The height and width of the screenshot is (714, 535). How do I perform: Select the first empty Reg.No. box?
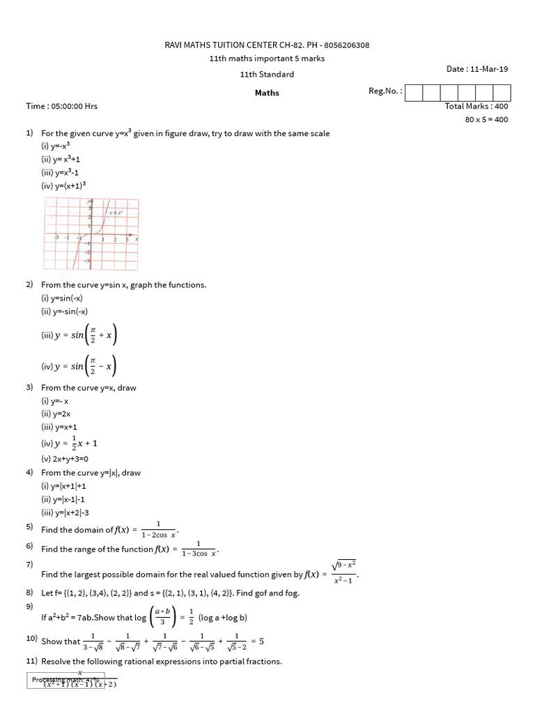413,93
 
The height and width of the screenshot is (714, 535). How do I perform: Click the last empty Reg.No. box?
502,93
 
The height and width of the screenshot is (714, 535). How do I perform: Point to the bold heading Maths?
267,93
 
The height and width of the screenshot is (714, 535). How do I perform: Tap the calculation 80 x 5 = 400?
486,119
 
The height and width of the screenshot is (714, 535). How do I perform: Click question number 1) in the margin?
30,132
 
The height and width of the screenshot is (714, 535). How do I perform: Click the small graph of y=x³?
91,234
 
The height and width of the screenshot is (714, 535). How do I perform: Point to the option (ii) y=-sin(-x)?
65,312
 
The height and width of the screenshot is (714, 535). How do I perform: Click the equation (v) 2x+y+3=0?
65,459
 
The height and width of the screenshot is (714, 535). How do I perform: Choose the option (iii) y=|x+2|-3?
68,512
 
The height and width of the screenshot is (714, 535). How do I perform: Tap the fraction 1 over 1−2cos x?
158,530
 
